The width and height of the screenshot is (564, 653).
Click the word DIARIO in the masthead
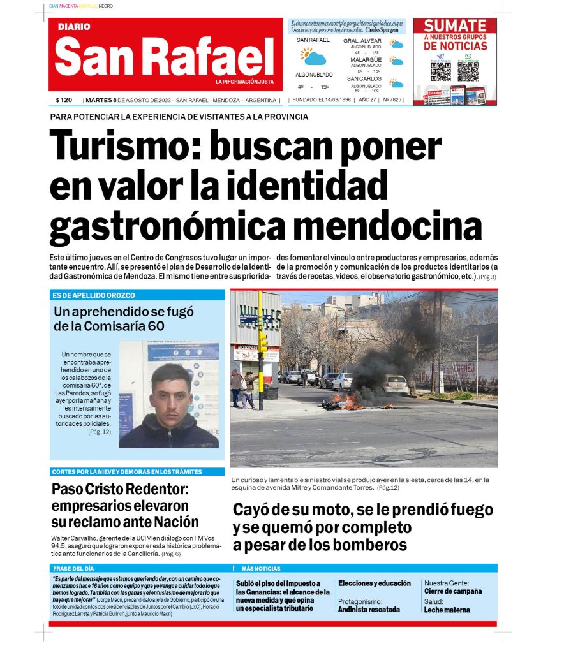[x=74, y=27]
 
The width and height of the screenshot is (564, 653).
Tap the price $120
[x=64, y=100]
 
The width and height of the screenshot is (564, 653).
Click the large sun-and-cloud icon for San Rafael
[x=313, y=57]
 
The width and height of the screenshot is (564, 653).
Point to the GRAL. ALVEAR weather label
[x=362, y=40]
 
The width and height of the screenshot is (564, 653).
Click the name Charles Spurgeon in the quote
[x=382, y=29]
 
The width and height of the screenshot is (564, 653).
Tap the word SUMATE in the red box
[x=455, y=26]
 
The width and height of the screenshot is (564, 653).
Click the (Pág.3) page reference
[x=487, y=277]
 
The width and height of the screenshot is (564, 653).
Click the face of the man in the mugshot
[x=171, y=390]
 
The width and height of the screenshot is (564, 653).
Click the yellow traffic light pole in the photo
[x=260, y=344]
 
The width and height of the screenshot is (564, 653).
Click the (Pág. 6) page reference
[x=171, y=554]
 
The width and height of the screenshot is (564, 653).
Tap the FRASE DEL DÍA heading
[x=74, y=568]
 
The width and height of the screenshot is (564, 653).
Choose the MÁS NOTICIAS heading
[x=260, y=568]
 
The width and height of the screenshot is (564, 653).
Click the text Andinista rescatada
[x=369, y=609]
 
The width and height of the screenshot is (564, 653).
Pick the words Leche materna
[x=447, y=610]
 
